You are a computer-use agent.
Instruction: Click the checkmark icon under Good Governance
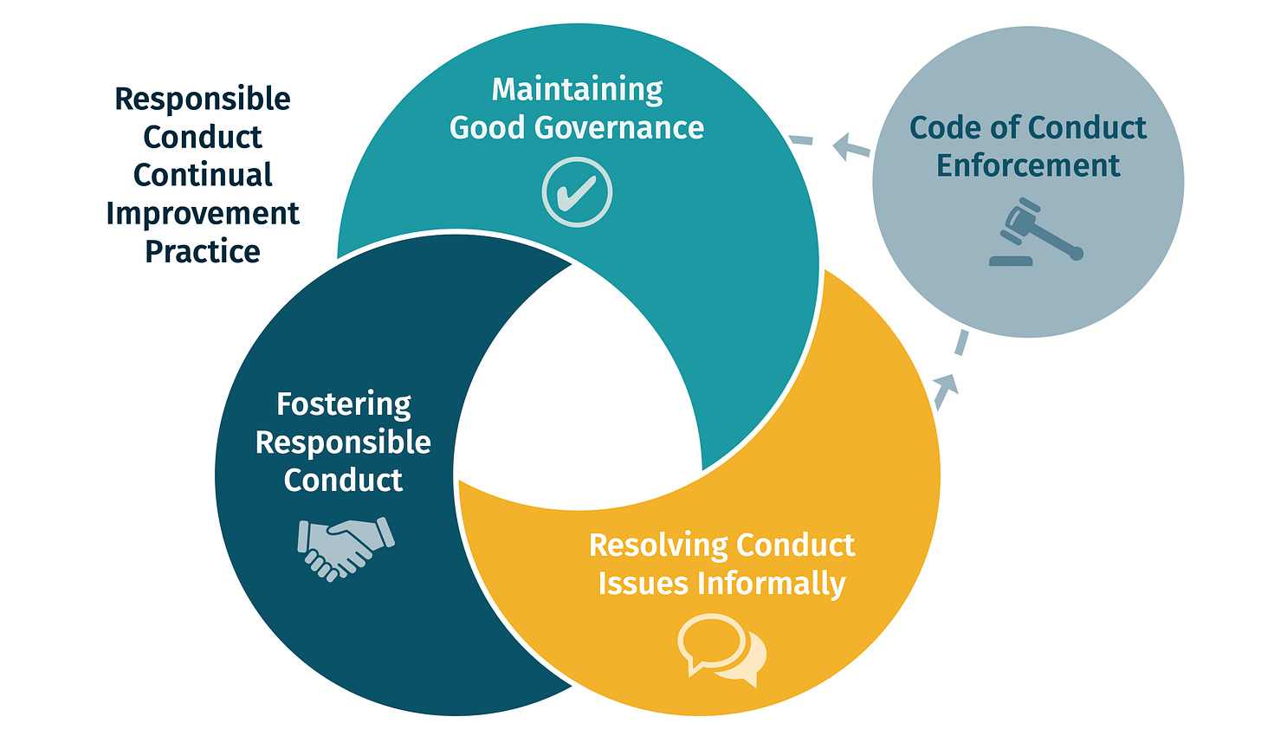(x=577, y=192)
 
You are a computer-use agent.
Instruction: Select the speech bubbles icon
(x=721, y=649)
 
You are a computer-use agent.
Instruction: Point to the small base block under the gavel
(x=1011, y=260)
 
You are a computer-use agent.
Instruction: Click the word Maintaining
(x=577, y=89)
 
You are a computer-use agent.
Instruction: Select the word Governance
(x=619, y=128)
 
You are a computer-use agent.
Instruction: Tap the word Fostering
(x=344, y=404)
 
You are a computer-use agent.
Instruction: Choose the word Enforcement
(x=1028, y=165)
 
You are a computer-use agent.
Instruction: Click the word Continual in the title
(x=203, y=175)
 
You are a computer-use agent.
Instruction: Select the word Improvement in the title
(x=203, y=213)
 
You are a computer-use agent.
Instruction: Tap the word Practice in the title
(x=203, y=251)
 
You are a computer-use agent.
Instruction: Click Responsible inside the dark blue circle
(x=343, y=442)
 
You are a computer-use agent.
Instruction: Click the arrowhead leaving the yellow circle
(x=946, y=384)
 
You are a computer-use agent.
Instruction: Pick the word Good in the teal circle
(x=488, y=128)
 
